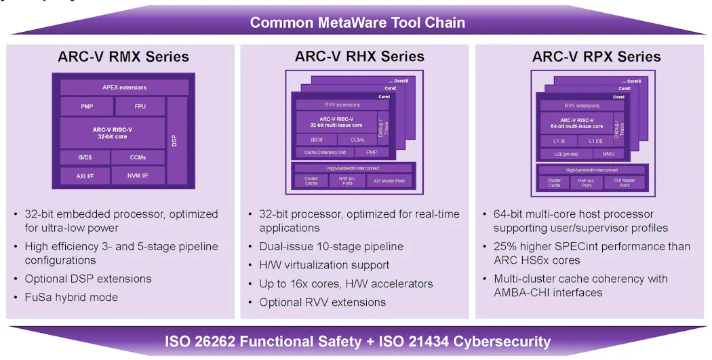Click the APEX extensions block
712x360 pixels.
124,87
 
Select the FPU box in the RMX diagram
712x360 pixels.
140,106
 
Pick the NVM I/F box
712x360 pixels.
138,176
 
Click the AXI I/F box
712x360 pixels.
85,176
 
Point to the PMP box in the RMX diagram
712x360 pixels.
86,106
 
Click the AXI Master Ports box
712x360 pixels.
389,181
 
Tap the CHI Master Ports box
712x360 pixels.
624,182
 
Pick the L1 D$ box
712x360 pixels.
595,140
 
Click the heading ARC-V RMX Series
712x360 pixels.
123,56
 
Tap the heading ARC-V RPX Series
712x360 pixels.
596,56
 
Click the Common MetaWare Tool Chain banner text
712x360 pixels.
357,22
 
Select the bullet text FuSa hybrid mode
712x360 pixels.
71,297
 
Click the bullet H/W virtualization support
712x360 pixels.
324,265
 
